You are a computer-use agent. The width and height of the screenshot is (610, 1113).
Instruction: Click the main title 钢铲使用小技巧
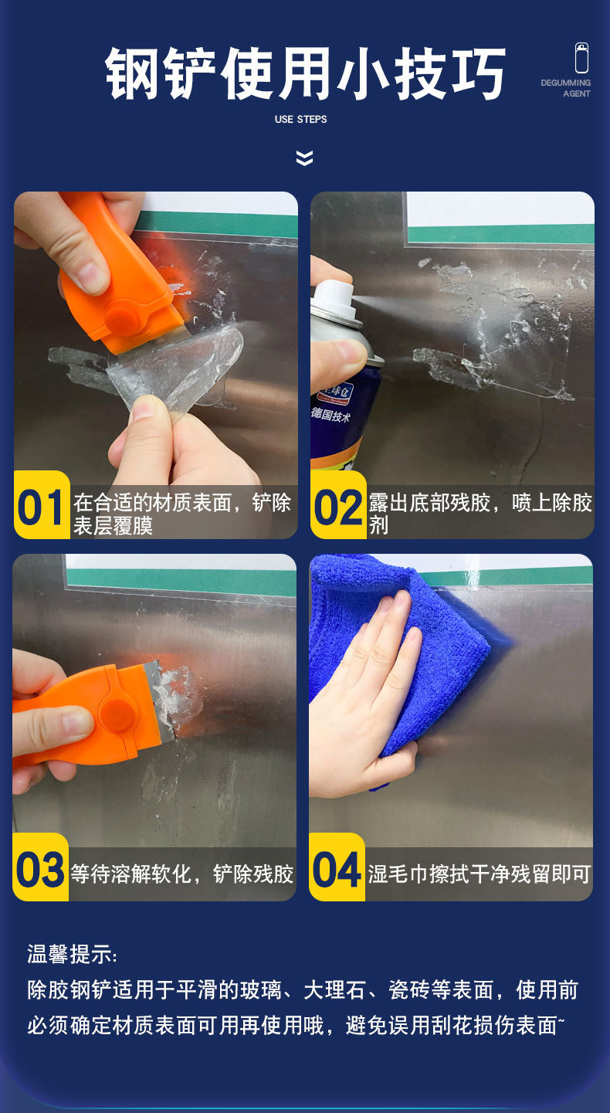tap(305, 74)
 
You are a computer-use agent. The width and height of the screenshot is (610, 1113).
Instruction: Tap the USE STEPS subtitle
tap(300, 120)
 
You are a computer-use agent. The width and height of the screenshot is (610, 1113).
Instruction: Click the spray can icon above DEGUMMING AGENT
tap(581, 59)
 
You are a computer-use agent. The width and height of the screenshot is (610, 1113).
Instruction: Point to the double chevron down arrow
tap(305, 158)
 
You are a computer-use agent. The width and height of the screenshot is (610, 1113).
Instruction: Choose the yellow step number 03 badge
tap(41, 870)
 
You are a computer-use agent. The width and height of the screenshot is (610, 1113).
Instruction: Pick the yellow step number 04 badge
tap(337, 870)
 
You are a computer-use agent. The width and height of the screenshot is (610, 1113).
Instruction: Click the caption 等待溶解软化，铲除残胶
tap(182, 874)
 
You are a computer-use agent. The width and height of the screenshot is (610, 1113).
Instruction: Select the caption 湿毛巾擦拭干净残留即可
tap(479, 874)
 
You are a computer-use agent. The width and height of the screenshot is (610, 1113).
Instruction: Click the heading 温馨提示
tap(71, 954)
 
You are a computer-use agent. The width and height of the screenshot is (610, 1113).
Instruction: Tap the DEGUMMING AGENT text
tap(566, 88)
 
